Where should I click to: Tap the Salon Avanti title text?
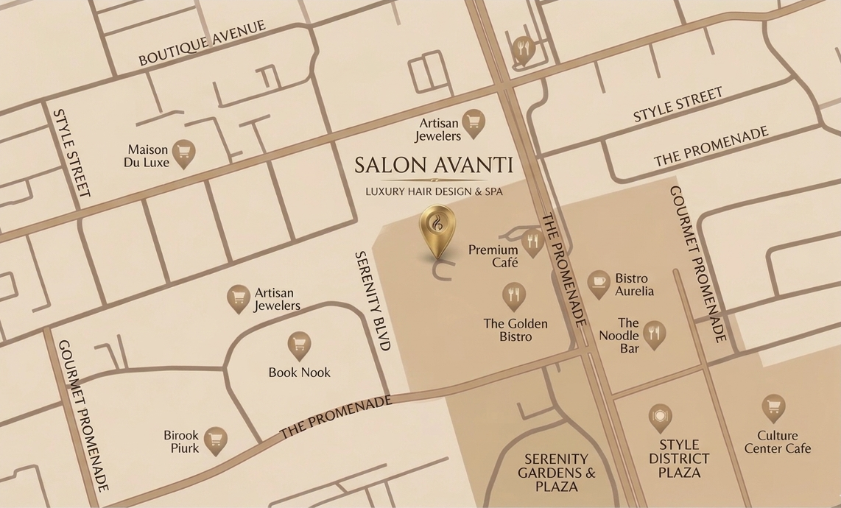coord(433,164)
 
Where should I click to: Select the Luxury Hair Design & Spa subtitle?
coord(434,191)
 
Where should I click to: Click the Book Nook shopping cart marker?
coord(299,344)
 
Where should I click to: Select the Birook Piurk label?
coord(181,442)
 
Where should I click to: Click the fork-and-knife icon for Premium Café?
coord(532,241)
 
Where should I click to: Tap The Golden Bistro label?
coord(515,330)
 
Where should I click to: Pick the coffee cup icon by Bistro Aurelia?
coord(599,282)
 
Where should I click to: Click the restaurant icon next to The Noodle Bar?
coord(654,332)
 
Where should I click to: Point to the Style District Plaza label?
coord(679,459)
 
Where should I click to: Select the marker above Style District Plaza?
coord(660,416)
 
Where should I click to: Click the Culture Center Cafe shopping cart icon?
coord(773,406)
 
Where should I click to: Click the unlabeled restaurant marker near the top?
coord(523,49)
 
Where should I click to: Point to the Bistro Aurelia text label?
coord(634,284)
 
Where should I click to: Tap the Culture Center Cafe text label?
coord(777,442)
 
